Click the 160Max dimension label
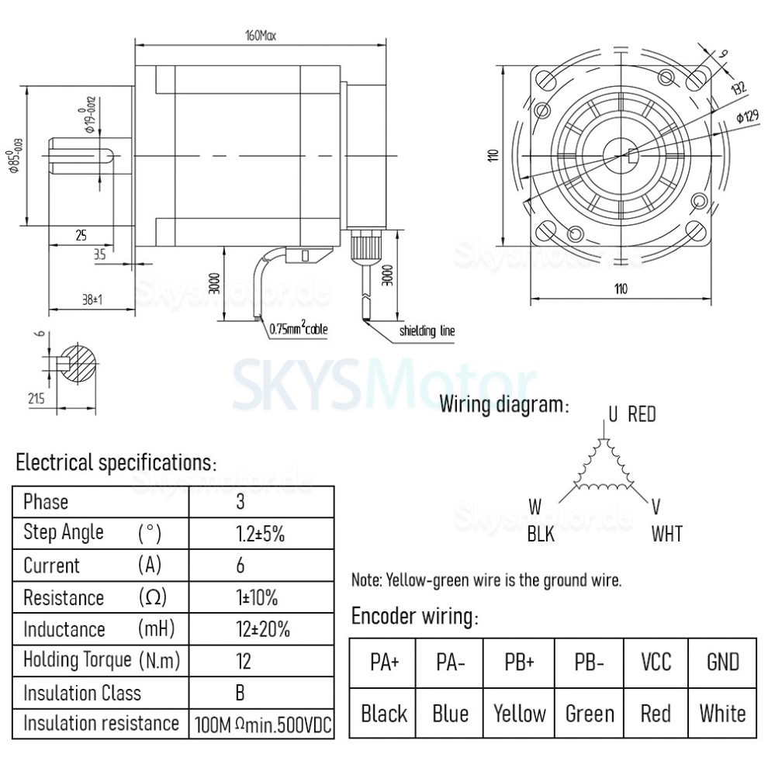(x=261, y=36)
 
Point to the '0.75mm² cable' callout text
(x=299, y=330)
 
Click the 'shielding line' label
(x=427, y=331)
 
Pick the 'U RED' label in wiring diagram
(x=631, y=414)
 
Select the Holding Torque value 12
(x=240, y=661)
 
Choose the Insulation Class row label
(x=82, y=693)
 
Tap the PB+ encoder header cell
(x=519, y=663)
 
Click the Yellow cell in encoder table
(x=519, y=713)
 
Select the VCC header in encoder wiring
(x=656, y=663)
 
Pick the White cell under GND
(x=721, y=713)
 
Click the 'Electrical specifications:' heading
(x=116, y=463)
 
